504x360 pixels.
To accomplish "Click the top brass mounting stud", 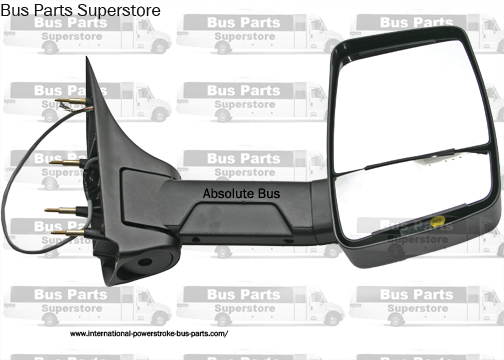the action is [73, 102].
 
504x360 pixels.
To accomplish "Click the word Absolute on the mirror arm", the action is [226, 193].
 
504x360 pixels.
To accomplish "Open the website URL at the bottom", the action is [150, 333].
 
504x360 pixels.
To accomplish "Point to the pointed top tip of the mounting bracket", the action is [91, 62].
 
